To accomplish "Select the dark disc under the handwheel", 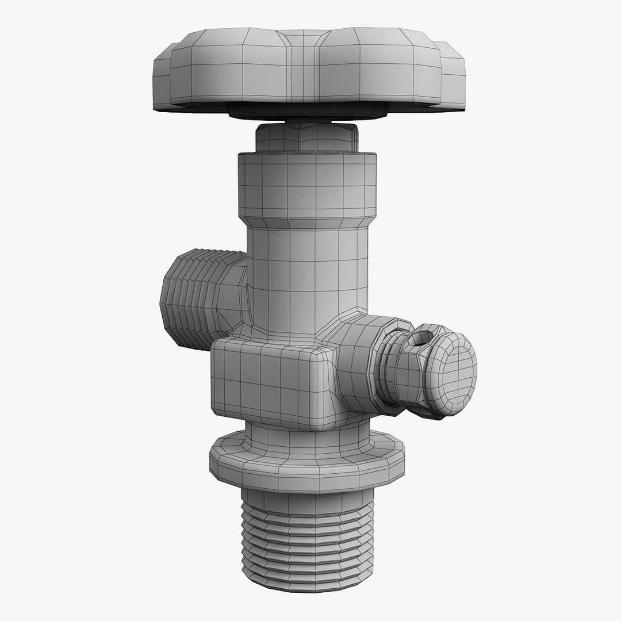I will coord(308,112).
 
